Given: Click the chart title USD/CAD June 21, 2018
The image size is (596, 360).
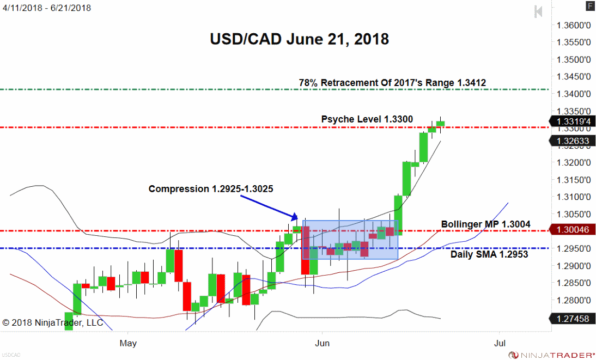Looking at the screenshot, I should pyautogui.click(x=299, y=39).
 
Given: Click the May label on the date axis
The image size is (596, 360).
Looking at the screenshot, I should pyautogui.click(x=128, y=343).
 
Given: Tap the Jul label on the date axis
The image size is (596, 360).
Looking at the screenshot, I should pyautogui.click(x=499, y=343).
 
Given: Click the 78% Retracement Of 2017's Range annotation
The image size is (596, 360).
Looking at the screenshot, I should pyautogui.click(x=392, y=83).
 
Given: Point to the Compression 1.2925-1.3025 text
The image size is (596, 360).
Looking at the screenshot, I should pyautogui.click(x=211, y=189).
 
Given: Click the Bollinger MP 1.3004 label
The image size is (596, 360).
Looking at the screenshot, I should pyautogui.click(x=485, y=224).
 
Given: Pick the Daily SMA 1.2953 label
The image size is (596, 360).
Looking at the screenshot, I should pyautogui.click(x=489, y=254).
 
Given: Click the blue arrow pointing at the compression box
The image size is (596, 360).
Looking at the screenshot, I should pyautogui.click(x=270, y=208).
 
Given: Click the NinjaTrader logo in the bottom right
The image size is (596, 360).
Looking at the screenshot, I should pyautogui.click(x=550, y=355).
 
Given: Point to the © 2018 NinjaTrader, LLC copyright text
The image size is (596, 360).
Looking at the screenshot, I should pyautogui.click(x=53, y=322).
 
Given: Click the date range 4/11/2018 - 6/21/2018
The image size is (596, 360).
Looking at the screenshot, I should pyautogui.click(x=46, y=8).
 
